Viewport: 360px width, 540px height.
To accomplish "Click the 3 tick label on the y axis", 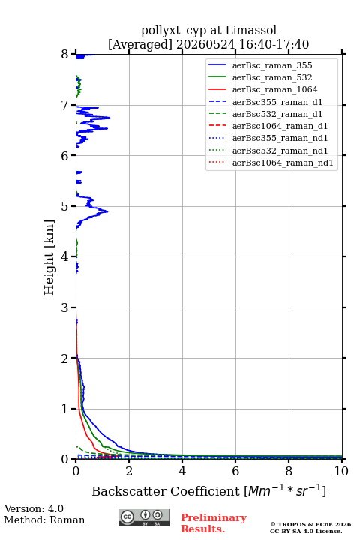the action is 65,307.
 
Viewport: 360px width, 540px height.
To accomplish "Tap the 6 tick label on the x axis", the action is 235,471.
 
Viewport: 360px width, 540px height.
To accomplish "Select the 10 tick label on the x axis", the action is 341,471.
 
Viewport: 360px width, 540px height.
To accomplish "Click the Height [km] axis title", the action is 49,257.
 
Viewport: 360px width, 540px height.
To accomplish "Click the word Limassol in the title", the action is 251,31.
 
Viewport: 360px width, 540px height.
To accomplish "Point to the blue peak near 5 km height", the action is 107,211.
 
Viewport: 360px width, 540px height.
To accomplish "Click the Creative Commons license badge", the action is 144,517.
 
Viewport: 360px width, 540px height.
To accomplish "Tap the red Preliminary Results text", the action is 214,523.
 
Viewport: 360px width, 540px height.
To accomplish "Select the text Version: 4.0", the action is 34,508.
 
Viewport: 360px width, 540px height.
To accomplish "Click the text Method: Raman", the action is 44,520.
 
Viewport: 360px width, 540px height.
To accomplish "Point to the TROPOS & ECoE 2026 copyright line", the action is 311,524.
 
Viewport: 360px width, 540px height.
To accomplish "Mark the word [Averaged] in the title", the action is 139,45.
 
